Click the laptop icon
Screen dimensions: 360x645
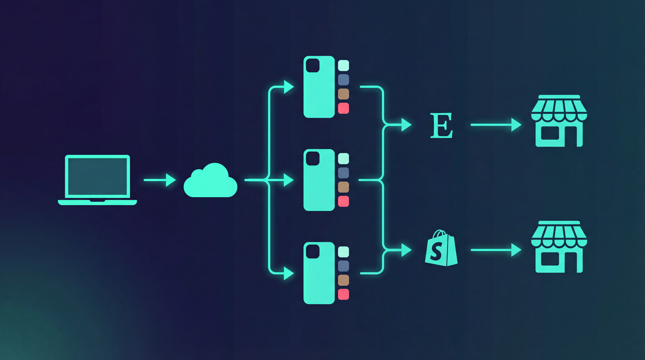pos(98,179)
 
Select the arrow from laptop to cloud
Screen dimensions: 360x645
pos(160,180)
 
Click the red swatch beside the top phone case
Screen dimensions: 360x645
pos(343,108)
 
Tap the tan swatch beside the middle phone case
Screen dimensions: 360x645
pos(343,187)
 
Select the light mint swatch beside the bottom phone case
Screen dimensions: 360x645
pos(343,252)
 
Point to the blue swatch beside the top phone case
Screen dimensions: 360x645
pos(343,79)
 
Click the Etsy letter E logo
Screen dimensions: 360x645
pos(441,125)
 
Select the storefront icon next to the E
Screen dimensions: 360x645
pos(559,121)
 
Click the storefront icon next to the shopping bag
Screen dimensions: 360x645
pos(559,247)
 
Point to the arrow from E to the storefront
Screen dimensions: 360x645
pos(496,125)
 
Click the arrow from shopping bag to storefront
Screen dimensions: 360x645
pos(496,250)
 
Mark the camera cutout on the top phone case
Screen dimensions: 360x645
pos(313,65)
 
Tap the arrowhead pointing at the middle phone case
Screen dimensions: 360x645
pos(289,180)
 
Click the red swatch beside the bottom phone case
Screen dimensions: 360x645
pos(343,294)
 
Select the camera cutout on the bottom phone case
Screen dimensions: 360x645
pos(313,252)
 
